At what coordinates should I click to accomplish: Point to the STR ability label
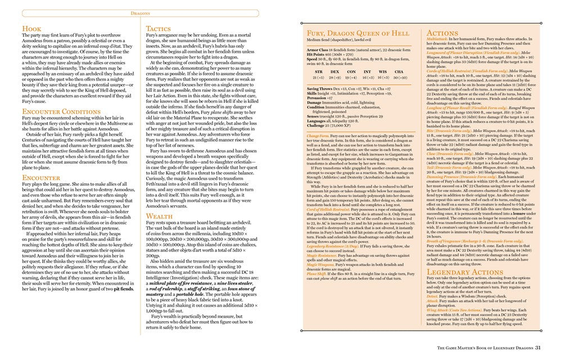(319, 72)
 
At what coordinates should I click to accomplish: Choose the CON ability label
(351, 72)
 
